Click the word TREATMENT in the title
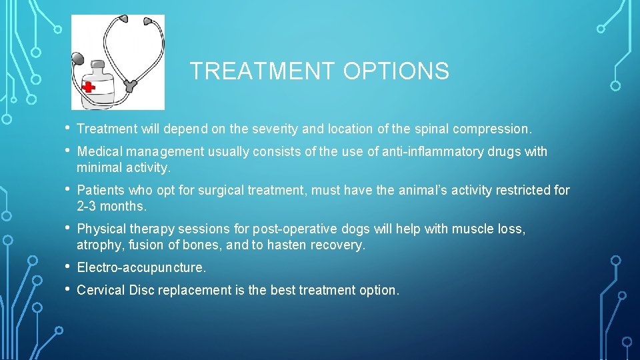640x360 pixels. tap(261, 71)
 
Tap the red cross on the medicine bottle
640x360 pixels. tap(88, 87)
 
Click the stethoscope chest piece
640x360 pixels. tap(77, 60)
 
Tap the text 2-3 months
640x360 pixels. tap(111, 205)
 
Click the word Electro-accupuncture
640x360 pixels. tap(141, 268)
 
